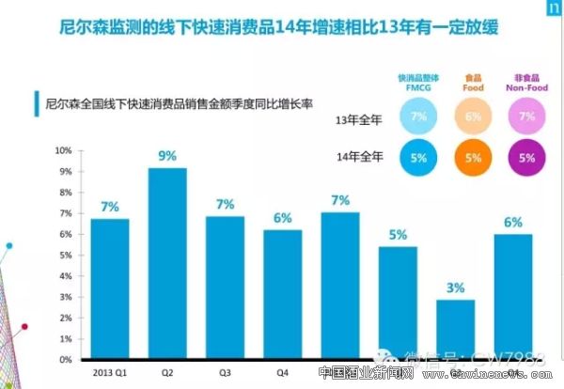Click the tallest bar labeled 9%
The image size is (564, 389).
pyautogui.click(x=167, y=263)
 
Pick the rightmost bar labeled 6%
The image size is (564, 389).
pyautogui.click(x=511, y=296)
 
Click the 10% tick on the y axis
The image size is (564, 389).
pyautogui.click(x=64, y=150)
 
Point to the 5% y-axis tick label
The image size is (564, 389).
pyautogui.click(x=66, y=255)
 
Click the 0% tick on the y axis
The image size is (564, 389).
pyautogui.click(x=66, y=359)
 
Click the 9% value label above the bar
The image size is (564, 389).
pyautogui.click(x=167, y=156)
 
